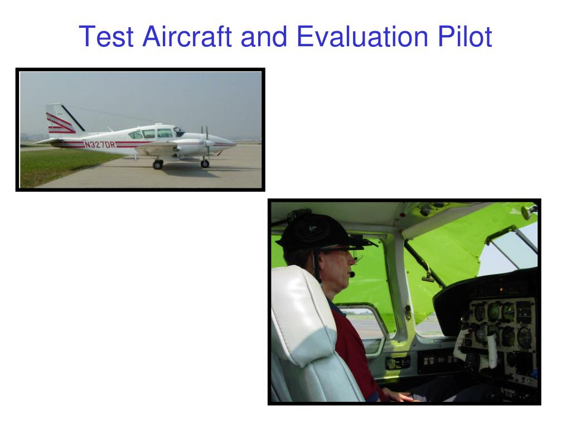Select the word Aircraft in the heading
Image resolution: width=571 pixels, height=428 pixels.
(x=187, y=36)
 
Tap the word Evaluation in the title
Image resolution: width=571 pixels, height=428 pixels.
(x=362, y=36)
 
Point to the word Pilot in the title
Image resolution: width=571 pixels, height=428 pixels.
(x=465, y=36)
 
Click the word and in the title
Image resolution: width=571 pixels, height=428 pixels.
(x=264, y=36)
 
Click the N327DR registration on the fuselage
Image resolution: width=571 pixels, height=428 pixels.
(x=100, y=144)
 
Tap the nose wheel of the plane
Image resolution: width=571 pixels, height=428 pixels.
(x=205, y=164)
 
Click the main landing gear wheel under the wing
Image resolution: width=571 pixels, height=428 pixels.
(x=158, y=165)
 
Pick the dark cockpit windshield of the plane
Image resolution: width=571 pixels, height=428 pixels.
(x=179, y=132)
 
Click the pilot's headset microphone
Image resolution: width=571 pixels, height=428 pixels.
(x=352, y=274)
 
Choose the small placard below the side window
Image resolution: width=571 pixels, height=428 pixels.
(x=398, y=362)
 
